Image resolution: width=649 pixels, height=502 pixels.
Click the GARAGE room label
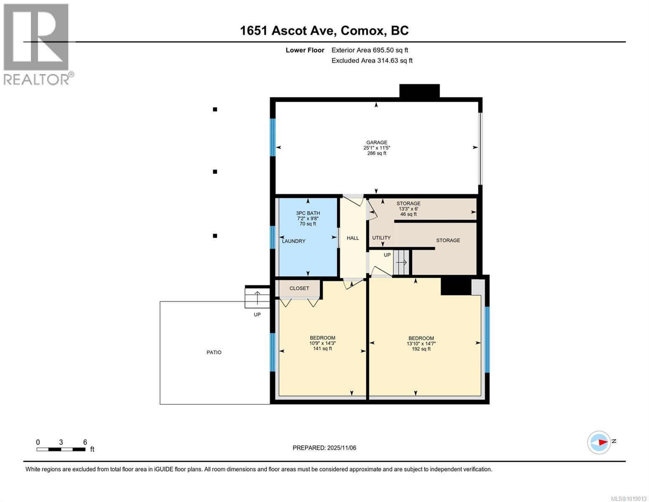377,142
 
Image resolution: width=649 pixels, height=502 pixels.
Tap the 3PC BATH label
308,213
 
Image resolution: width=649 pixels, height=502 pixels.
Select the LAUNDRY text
293,241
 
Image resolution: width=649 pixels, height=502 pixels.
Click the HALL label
353,238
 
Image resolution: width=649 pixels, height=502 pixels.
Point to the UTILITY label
381,238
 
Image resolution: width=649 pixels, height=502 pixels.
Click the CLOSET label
299,288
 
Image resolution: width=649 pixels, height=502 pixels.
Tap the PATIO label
214,352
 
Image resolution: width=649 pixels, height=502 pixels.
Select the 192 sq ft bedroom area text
421,349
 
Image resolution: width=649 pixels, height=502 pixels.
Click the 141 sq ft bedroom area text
322,348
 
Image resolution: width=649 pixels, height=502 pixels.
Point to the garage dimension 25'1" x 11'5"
377,148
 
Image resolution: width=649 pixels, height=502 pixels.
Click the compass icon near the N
599,442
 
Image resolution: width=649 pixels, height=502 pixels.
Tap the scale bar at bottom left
61,449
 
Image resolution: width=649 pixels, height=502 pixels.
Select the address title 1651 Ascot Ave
324,31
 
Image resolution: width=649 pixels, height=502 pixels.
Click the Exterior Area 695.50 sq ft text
369,50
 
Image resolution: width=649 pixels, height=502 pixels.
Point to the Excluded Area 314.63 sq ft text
372,61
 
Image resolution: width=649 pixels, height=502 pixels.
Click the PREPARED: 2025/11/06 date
324,448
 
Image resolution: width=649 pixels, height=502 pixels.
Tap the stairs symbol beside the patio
257,297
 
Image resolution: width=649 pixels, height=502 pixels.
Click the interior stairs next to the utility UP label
402,262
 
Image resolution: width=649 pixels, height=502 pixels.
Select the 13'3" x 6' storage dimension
408,209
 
